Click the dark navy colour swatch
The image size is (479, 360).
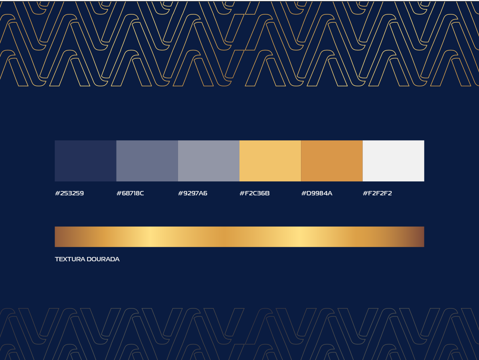[x=85, y=161]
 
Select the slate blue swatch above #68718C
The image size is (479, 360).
[x=147, y=161]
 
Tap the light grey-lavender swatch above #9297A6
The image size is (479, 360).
[x=209, y=161]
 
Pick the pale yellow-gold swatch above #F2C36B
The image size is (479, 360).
[x=270, y=161]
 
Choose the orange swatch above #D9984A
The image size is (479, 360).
[x=332, y=161]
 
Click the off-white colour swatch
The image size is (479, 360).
[x=394, y=161]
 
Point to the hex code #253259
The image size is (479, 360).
[x=69, y=193]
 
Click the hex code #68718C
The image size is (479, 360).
[x=130, y=193]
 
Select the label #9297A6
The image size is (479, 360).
[x=193, y=193]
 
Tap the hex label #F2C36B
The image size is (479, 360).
[x=255, y=193]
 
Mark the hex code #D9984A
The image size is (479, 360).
[x=317, y=193]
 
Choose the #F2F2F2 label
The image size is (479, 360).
[x=377, y=193]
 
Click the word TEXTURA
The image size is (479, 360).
[x=70, y=259]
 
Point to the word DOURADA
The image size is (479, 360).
[x=103, y=259]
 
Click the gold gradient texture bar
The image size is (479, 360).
[x=239, y=237]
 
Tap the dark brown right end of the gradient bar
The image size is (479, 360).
[x=420, y=237]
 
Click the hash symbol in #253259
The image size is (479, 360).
[x=57, y=193]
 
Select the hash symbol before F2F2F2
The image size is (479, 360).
[x=365, y=193]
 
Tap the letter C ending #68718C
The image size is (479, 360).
[x=141, y=193]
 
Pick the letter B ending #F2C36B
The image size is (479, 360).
[x=267, y=193]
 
